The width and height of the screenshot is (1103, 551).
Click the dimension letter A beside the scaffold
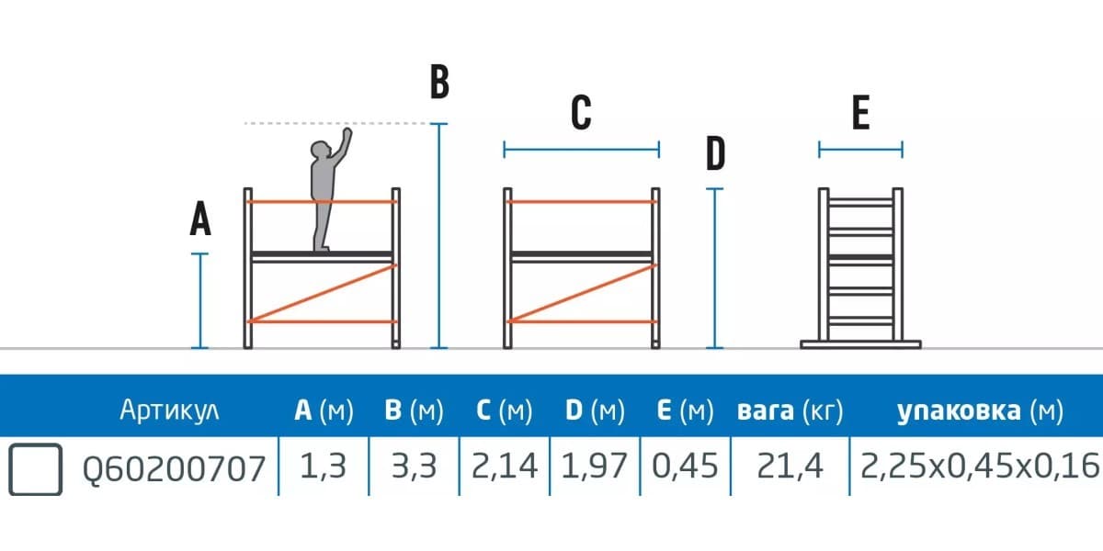[x=200, y=220]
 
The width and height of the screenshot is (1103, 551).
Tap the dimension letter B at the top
[x=439, y=83]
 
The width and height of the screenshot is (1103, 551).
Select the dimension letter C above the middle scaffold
[x=581, y=114]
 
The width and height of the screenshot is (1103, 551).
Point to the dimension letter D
[x=715, y=154]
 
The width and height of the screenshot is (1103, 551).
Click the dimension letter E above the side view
[x=860, y=114]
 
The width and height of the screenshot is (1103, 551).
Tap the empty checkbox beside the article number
[x=36, y=468]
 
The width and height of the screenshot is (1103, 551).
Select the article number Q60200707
[x=174, y=468]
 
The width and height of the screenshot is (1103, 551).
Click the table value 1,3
[x=323, y=467]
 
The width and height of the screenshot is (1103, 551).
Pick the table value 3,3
[x=413, y=467]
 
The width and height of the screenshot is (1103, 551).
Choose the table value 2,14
[x=504, y=467]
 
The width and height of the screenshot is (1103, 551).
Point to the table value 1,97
[x=594, y=467]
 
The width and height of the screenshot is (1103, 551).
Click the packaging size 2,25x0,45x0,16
[x=980, y=467]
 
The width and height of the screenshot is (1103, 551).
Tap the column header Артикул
[x=169, y=410]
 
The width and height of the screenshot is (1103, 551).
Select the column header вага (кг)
[x=790, y=410]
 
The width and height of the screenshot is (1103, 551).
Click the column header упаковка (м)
[x=980, y=410]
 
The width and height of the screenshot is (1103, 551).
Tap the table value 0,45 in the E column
[x=685, y=467]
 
